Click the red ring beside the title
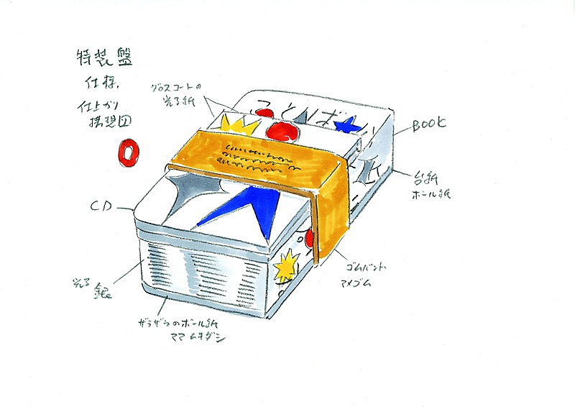coord(128,152)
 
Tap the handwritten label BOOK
coord(428,125)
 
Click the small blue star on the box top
coord(349,127)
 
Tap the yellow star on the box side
coord(285,267)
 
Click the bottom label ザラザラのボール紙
coord(180,326)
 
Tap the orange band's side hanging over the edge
coord(332,216)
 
